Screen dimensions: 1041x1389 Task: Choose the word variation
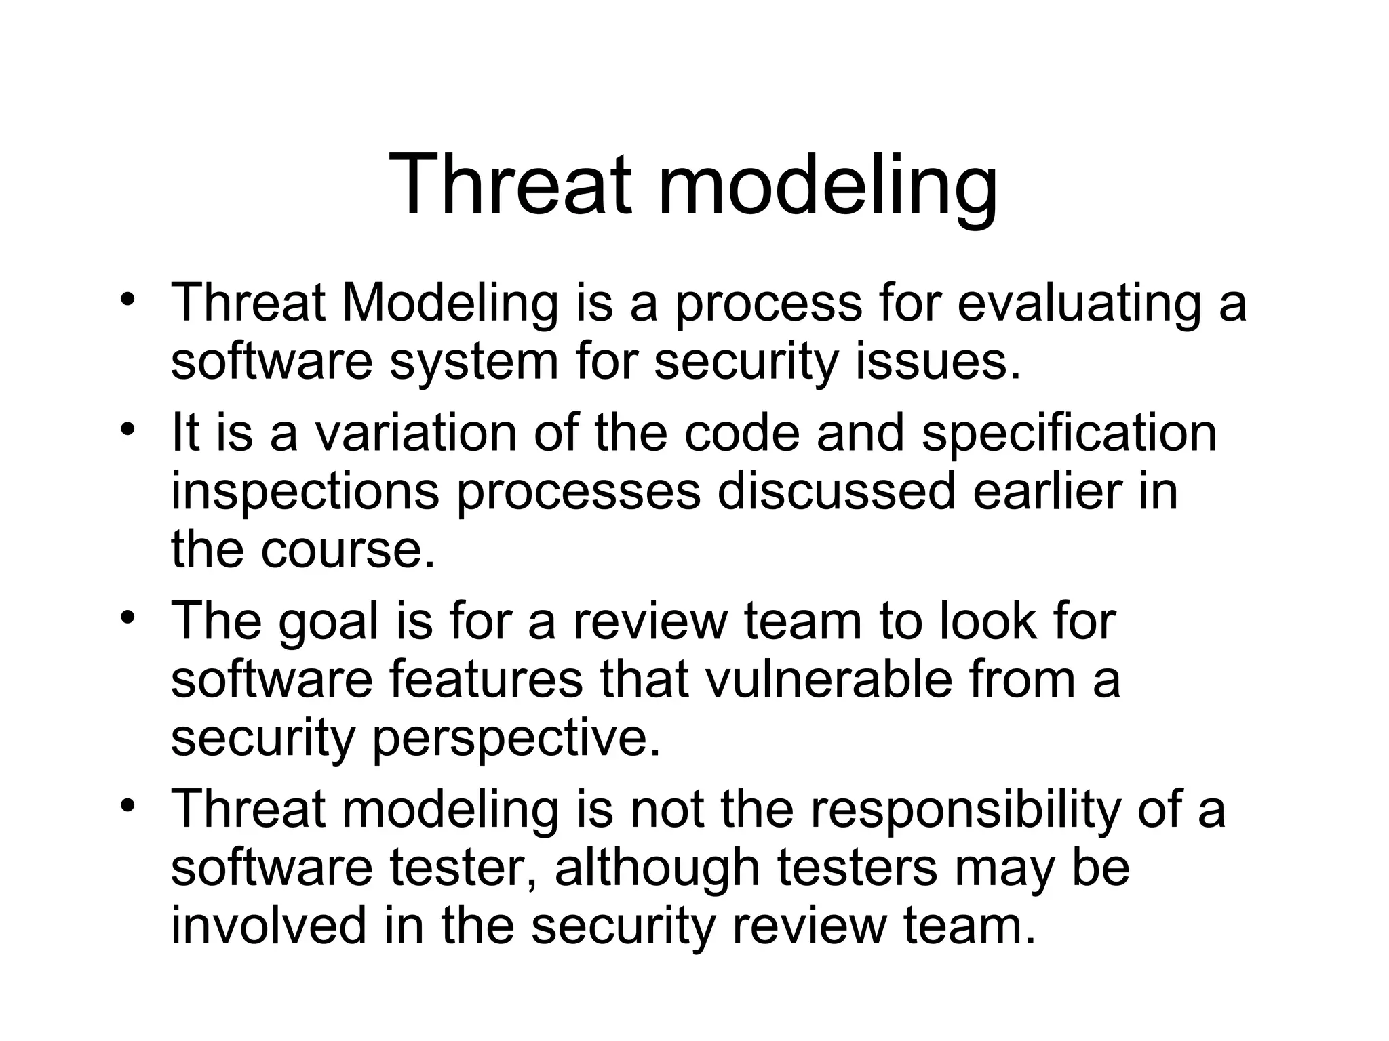[x=415, y=433]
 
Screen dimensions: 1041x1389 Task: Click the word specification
[x=1069, y=433]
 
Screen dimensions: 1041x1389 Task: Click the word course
[x=347, y=550]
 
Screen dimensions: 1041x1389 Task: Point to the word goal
[x=328, y=621]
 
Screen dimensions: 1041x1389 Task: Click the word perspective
[x=515, y=738]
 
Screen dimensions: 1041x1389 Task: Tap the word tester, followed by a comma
[x=465, y=868]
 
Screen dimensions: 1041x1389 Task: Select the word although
[x=657, y=868]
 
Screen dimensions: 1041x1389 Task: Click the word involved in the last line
[x=268, y=926]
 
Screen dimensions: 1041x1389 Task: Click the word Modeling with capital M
[x=450, y=303]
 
